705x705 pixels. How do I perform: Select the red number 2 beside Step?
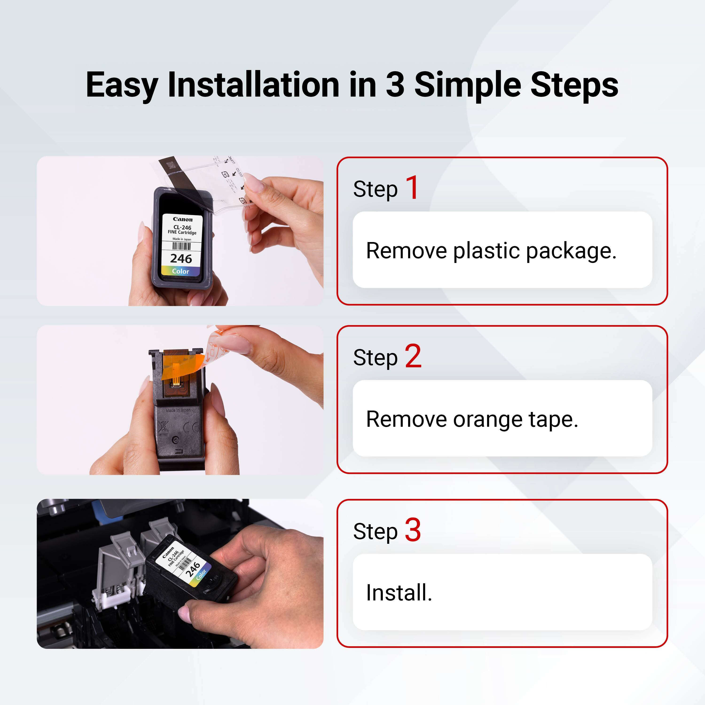coord(413,356)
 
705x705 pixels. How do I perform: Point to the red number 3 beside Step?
coord(413,530)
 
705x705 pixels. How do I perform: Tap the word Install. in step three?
coord(399,593)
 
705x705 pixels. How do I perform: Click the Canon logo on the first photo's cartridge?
coord(182,219)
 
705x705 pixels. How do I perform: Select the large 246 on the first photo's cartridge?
coord(181,259)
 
